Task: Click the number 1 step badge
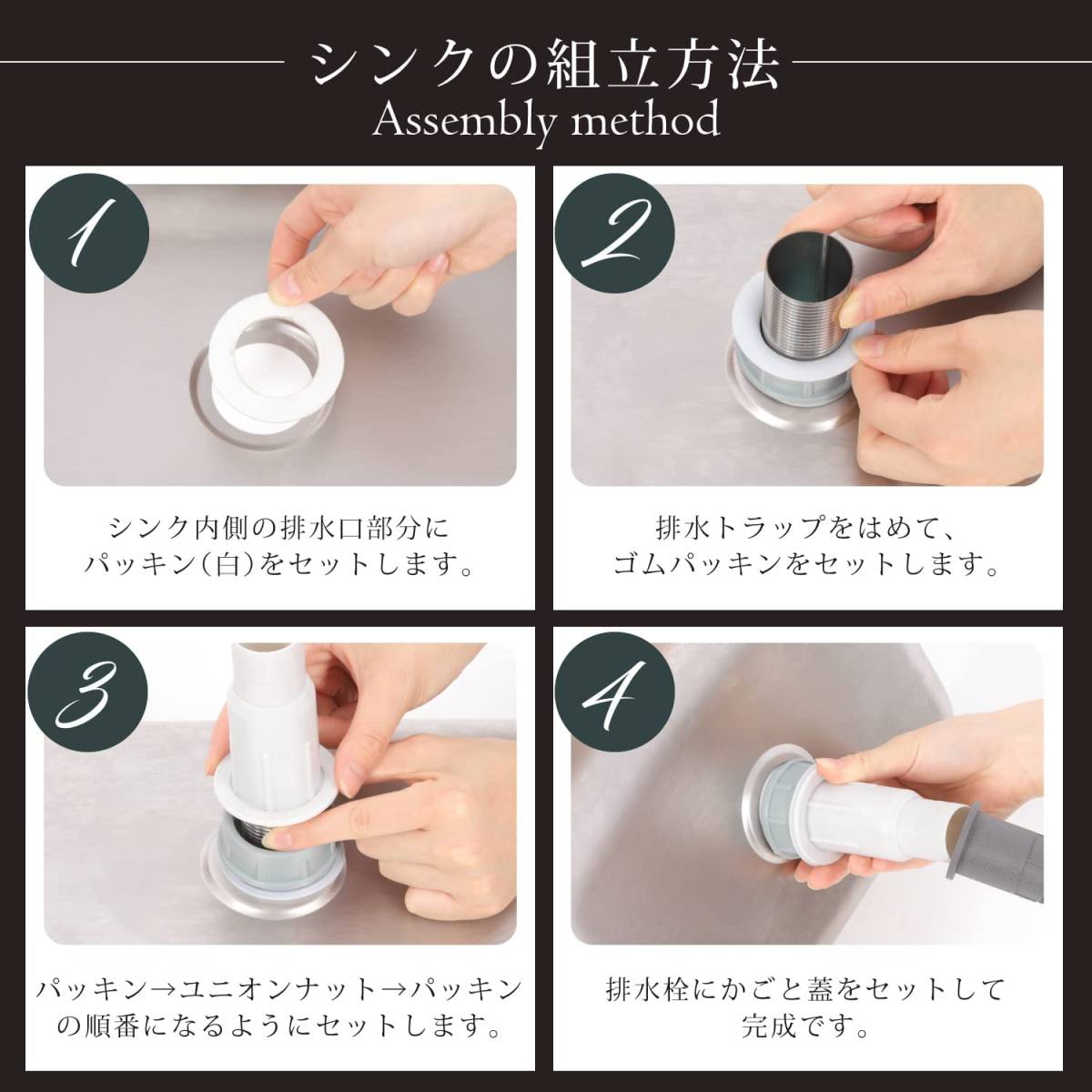point(89,235)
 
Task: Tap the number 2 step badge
point(614,235)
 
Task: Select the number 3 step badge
point(89,695)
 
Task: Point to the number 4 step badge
point(614,695)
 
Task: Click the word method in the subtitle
point(645,118)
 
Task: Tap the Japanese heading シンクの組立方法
point(545,63)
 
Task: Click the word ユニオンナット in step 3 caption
point(278,989)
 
